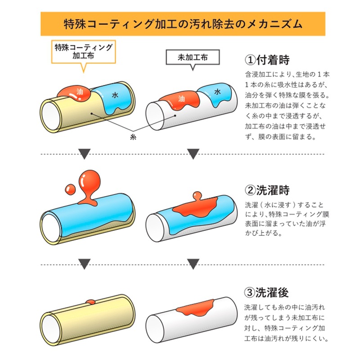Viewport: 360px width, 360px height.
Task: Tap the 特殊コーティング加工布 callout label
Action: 83,51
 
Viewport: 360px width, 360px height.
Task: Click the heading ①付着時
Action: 267,60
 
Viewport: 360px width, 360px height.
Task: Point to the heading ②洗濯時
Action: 267,190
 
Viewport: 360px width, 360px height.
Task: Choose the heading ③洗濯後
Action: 267,293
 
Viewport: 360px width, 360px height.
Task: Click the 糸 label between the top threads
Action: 132,136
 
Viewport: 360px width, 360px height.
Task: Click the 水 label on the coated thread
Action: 115,95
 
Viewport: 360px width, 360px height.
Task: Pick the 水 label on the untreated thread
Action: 218,91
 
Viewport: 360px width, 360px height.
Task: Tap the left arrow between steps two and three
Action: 84,264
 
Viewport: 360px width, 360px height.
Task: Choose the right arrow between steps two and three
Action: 193,264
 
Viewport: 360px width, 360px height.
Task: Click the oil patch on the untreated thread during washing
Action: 196,207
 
